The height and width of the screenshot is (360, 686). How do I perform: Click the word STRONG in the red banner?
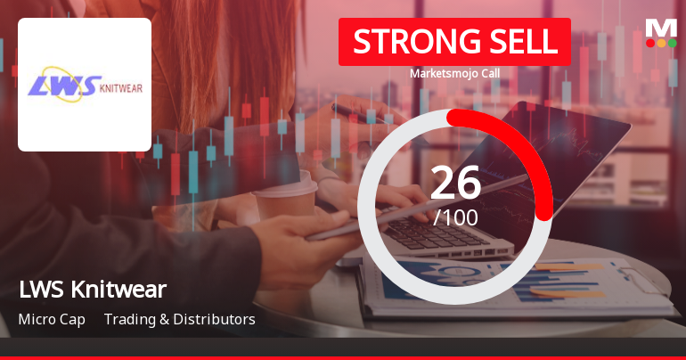(x=405, y=42)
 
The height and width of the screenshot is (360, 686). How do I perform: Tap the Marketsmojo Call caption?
(x=454, y=74)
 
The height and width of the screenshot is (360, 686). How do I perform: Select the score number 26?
(x=455, y=183)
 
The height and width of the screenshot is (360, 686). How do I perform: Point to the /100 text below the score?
(x=455, y=217)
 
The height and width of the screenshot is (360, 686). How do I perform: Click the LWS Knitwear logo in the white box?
(x=85, y=85)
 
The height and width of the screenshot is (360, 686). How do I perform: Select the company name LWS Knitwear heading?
(x=92, y=290)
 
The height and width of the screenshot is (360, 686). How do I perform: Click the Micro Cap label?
(x=51, y=319)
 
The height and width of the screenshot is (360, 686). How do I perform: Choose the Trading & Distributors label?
(x=179, y=319)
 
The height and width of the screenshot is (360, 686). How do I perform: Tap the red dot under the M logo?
(x=649, y=43)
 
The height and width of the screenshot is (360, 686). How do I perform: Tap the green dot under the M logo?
(x=673, y=43)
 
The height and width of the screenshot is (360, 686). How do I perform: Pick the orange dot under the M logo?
(x=661, y=43)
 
